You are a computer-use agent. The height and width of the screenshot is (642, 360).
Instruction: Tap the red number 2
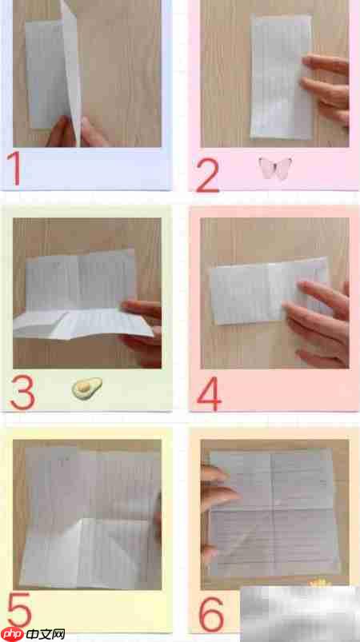[x=207, y=175]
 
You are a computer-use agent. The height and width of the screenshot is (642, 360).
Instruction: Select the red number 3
[x=22, y=393]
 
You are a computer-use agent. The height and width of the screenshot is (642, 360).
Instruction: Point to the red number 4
[x=210, y=393]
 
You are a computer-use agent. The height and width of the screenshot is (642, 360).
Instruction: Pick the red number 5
[x=19, y=612]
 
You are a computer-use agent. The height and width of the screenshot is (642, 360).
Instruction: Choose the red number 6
[x=211, y=614]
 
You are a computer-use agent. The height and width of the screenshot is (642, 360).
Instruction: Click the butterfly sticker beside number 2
[x=275, y=168]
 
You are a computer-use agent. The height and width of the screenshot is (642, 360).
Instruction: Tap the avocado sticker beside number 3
[x=87, y=388]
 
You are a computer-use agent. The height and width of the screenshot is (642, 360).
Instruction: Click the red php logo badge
[x=13, y=634]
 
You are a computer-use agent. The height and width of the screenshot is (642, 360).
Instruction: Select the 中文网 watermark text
[x=46, y=635]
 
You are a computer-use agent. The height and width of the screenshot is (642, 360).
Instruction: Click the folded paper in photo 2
[x=282, y=77]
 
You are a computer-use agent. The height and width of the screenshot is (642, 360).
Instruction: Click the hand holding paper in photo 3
[x=142, y=333]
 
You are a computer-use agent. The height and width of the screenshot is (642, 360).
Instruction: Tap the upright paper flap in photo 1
[x=72, y=70]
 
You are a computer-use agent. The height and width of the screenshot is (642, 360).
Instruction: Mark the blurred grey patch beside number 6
[x=300, y=614]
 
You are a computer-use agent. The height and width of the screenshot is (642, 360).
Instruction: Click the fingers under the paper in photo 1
[x=78, y=133]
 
